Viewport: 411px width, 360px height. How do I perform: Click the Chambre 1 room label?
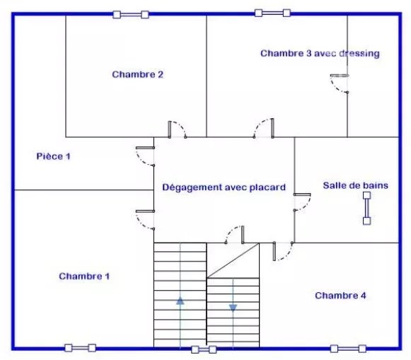pos(84,276)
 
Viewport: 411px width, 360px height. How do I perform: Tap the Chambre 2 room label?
pos(138,74)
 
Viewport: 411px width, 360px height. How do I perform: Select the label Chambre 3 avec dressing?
pos(320,54)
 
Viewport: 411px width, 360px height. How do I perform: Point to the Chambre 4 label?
pos(340,296)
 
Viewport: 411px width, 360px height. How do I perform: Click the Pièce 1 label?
pos(54,156)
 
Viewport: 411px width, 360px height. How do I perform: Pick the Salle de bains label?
pos(355,185)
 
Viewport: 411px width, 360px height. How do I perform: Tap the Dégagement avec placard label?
pos(224,187)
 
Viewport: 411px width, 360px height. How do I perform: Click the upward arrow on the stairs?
pos(180,301)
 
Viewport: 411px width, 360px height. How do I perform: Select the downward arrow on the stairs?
pos(233,308)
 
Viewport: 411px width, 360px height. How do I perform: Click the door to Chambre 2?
pos(177,129)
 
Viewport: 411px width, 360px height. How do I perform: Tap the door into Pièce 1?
pos(145,156)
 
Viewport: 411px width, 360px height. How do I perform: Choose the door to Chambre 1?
pos(145,220)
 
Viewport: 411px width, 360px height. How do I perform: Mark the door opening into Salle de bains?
pos(302,202)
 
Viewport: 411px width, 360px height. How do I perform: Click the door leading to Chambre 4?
pos(283,251)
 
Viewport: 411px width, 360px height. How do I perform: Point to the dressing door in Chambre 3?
pos(340,84)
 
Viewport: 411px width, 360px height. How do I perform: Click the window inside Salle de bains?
pos(366,209)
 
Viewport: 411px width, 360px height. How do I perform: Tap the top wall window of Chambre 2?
pos(131,14)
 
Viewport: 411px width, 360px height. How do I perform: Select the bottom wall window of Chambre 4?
pos(348,349)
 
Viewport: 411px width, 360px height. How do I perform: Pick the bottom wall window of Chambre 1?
pos(80,348)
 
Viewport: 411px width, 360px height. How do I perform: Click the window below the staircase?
pos(204,349)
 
